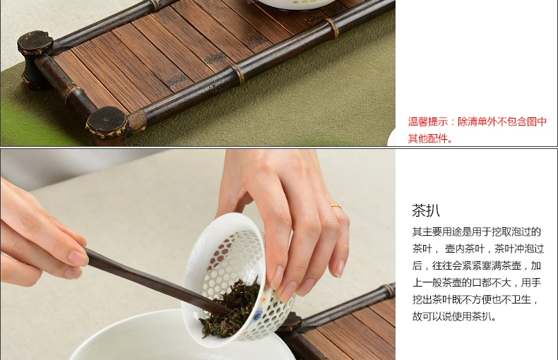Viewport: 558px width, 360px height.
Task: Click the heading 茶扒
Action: [426, 210]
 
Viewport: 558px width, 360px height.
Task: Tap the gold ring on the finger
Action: [336, 206]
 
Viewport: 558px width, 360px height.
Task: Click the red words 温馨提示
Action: [428, 122]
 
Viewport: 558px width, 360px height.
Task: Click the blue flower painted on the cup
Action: [257, 316]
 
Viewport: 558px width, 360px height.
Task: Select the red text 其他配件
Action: [427, 138]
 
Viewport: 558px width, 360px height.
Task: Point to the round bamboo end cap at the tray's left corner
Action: [35, 43]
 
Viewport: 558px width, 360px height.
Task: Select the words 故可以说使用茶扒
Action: [452, 316]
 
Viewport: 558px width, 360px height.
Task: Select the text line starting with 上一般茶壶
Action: [477, 283]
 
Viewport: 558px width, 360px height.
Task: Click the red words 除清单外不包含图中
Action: [501, 122]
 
